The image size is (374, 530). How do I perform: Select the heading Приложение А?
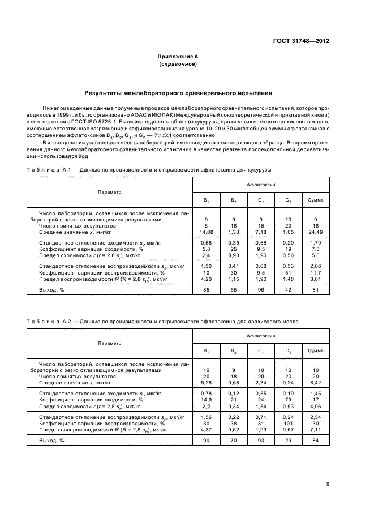[x=178, y=57]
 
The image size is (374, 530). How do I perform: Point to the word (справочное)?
[x=178, y=64]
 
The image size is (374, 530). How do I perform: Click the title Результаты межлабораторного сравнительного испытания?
[x=178, y=92]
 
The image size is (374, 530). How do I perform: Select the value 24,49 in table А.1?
[x=315, y=231]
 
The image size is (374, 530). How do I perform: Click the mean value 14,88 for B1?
[x=206, y=231]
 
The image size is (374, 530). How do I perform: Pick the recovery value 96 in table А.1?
[x=261, y=290]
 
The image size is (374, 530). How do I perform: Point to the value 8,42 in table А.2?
[x=315, y=382]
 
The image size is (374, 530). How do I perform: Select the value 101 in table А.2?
[x=288, y=423]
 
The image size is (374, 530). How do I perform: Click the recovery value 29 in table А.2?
[x=288, y=441]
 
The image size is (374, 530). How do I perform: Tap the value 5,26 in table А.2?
[x=206, y=382]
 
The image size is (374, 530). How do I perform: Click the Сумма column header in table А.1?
[x=315, y=200]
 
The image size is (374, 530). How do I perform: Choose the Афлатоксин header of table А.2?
[x=261, y=336]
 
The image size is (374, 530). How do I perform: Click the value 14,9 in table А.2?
[x=206, y=399]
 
